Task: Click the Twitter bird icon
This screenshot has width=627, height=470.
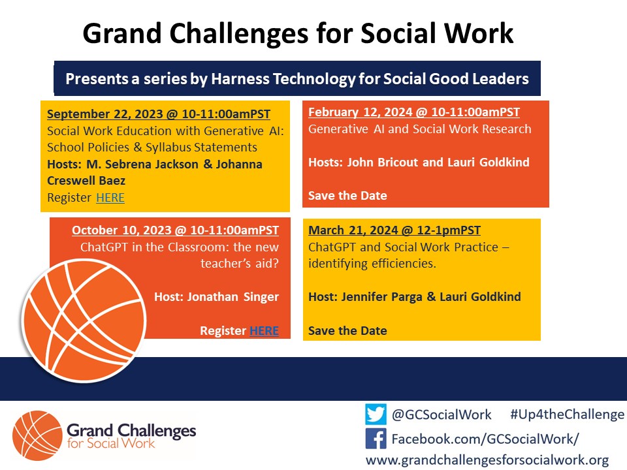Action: point(376,415)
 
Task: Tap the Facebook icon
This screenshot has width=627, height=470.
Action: point(376,438)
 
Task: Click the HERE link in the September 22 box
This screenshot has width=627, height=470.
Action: point(110,198)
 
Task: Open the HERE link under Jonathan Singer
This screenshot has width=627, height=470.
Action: point(264,331)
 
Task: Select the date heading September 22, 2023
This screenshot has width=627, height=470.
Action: point(159,114)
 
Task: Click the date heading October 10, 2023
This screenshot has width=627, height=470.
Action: point(175,230)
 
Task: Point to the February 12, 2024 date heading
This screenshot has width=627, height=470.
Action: point(413,112)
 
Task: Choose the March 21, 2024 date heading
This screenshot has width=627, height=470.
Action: point(394,230)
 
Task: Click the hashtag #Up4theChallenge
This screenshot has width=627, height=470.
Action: point(566,415)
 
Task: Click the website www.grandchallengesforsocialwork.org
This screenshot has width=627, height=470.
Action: point(487,460)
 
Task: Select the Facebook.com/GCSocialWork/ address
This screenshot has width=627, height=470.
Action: point(485,438)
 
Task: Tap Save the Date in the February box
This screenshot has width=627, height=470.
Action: point(347,196)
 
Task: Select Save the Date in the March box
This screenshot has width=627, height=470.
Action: point(347,331)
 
